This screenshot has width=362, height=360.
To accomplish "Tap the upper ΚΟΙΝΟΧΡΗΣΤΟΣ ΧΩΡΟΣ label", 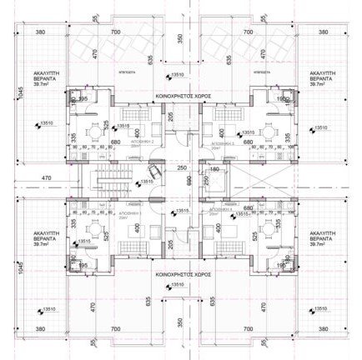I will pyautogui.click(x=179, y=96).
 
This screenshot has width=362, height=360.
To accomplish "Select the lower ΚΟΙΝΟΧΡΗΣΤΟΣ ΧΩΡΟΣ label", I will pyautogui.click(x=179, y=272).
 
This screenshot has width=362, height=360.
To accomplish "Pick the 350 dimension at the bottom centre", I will pyautogui.click(x=178, y=321).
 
